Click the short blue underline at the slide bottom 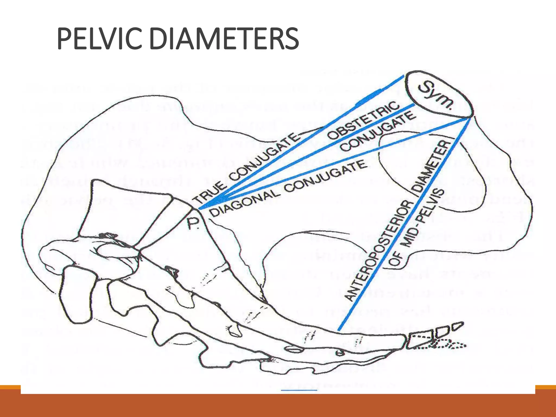tap(299, 390)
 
